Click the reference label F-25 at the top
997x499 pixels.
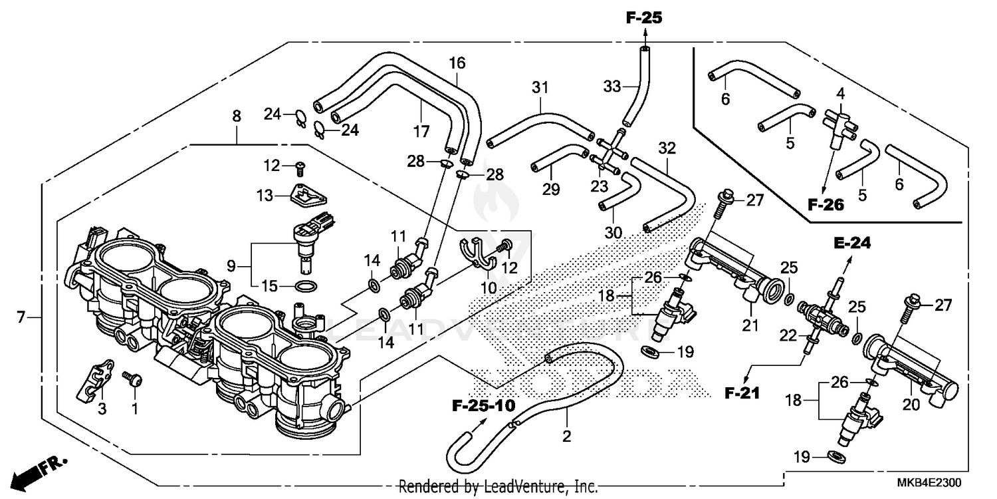(x=643, y=18)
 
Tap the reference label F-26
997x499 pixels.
(x=826, y=205)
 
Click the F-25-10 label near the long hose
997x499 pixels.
(x=483, y=405)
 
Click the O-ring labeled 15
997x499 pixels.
(x=304, y=287)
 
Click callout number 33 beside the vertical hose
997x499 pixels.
(x=611, y=86)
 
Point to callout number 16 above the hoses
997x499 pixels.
(x=457, y=64)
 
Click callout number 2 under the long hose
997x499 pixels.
(x=566, y=437)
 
